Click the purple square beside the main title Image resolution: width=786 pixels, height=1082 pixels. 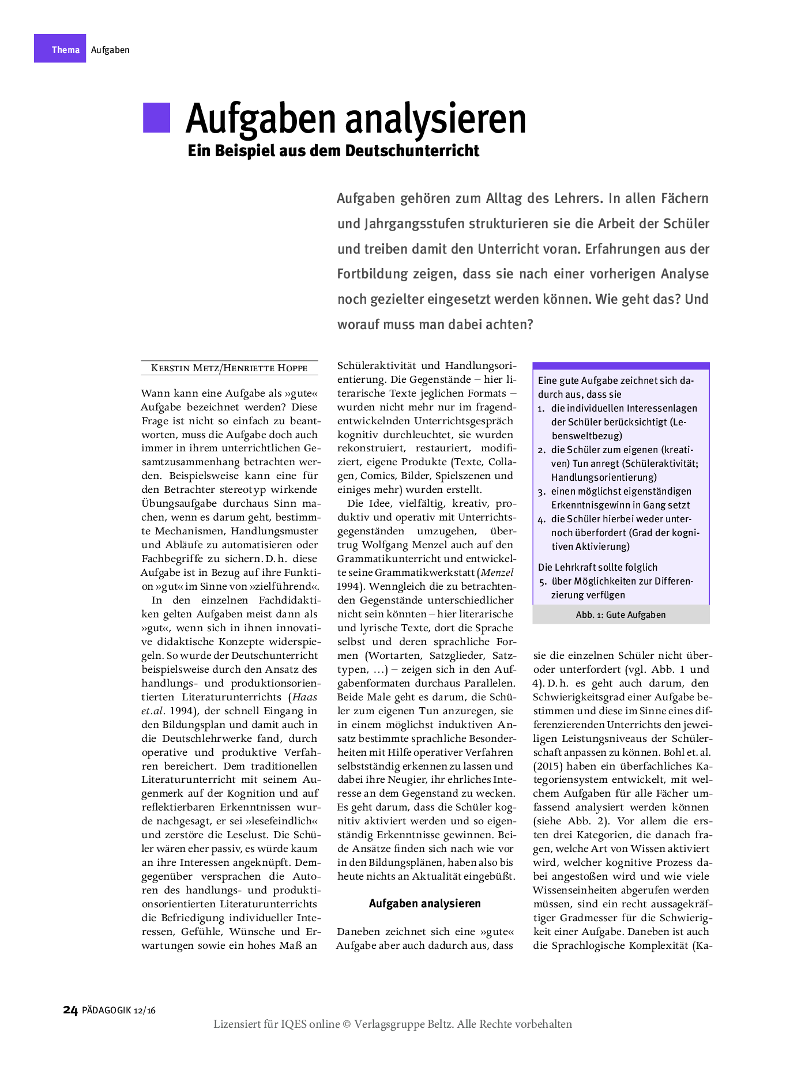coord(156,118)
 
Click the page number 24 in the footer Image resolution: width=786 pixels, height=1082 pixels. coord(70,1010)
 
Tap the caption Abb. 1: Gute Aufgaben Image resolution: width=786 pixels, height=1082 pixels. coord(620,615)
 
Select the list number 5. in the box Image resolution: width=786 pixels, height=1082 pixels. coord(543,582)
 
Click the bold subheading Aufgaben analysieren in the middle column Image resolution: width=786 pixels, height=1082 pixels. coord(424,903)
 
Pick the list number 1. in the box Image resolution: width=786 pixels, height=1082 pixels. coord(541,409)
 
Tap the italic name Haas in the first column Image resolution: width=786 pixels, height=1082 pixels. coord(305,697)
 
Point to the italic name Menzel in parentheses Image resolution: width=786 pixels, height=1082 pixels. coord(497,572)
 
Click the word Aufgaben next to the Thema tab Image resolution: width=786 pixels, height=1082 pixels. coord(110,50)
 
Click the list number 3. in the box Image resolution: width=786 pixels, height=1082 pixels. coord(541,492)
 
